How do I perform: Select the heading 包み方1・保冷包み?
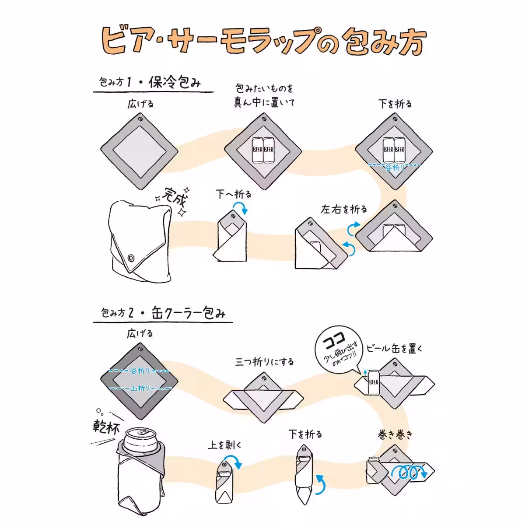(x=150, y=82)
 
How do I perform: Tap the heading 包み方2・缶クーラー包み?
(x=163, y=313)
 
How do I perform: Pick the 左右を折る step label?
(x=344, y=209)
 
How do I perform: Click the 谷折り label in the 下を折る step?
(x=395, y=167)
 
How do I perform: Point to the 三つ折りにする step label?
(x=264, y=362)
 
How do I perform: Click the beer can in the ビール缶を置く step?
(x=373, y=383)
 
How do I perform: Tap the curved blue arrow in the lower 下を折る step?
(x=320, y=484)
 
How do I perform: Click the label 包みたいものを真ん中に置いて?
(x=264, y=95)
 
